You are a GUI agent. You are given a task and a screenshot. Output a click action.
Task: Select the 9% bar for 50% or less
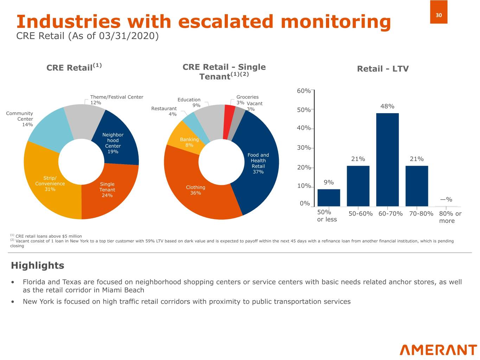(x=328, y=198)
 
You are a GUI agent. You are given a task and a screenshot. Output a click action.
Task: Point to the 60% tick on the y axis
(x=304, y=91)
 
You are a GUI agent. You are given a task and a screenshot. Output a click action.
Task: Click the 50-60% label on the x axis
(x=360, y=214)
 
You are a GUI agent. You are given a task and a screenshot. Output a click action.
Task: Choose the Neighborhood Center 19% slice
(x=116, y=141)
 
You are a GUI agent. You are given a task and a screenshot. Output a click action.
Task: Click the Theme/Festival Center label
(x=116, y=97)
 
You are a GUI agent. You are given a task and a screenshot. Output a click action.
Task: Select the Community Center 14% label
(x=20, y=119)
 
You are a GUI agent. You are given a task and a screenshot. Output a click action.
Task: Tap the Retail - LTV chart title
(x=383, y=69)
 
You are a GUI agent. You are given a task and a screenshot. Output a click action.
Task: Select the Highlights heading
(x=38, y=265)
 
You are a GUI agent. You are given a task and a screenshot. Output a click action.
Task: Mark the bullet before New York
(x=13, y=302)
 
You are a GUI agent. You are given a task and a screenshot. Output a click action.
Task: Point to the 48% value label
(x=387, y=106)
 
